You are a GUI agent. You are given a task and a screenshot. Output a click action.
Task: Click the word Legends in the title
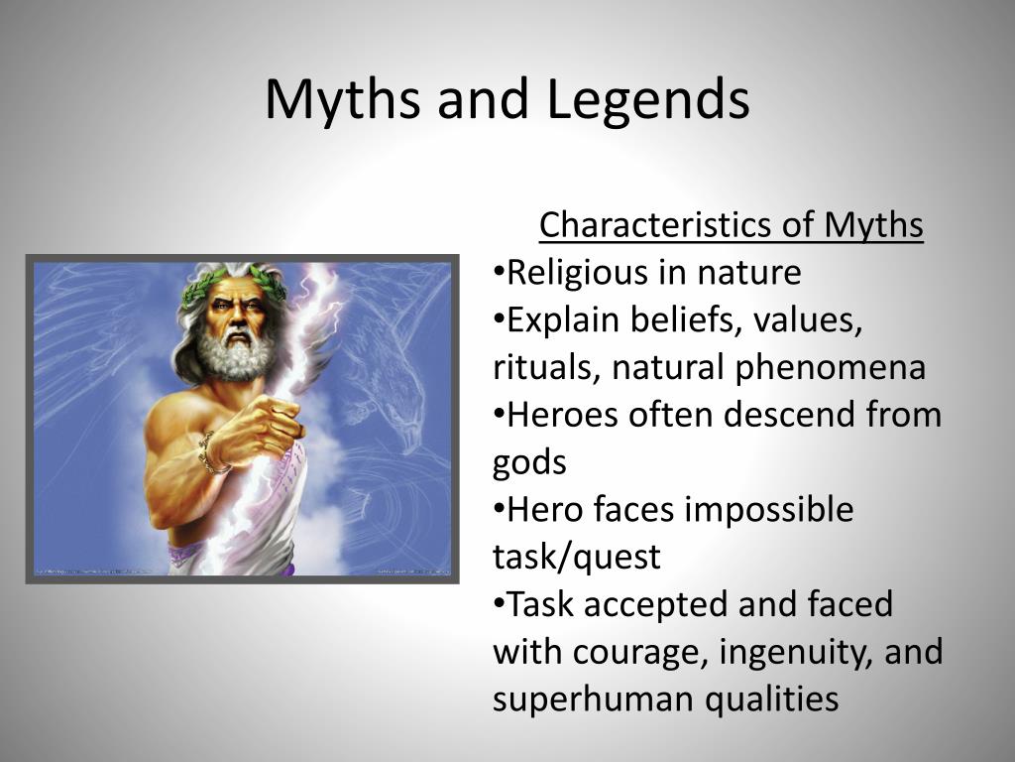coord(648,98)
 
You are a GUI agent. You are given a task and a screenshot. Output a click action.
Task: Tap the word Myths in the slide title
coord(342,98)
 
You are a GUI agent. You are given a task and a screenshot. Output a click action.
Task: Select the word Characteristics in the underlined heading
coord(655,225)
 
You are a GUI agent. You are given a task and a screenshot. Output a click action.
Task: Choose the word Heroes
coord(563,415)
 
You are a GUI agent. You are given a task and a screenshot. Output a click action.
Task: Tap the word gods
coord(529,463)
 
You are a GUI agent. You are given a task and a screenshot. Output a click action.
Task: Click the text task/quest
coord(576,558)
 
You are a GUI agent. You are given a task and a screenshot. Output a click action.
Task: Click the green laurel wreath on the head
coord(234,284)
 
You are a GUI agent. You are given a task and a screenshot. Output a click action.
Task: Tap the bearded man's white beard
coord(236,353)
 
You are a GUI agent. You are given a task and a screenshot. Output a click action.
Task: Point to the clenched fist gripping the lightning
coord(259,428)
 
